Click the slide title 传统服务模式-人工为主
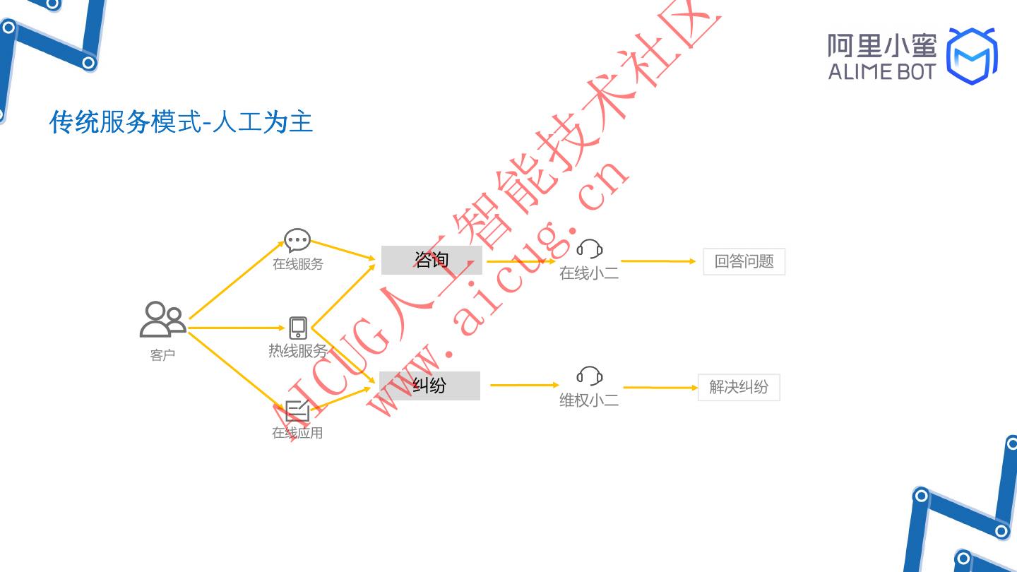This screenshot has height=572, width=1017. pos(181,121)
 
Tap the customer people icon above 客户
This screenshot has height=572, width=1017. pos(162,319)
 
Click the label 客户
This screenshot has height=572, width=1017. pos(162,354)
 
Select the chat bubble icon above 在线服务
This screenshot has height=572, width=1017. pos(297,240)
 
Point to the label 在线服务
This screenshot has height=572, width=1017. pos(298,264)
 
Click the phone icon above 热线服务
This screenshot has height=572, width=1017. pos(298,328)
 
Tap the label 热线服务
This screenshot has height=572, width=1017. pos(298,351)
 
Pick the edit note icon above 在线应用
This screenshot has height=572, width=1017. pos(297,410)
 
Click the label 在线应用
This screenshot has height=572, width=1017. pos(297,433)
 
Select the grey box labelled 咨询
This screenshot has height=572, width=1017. pos(432,261)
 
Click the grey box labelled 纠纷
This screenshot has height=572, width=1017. pos(429,386)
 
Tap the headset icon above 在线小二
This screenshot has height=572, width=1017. pos(589,249)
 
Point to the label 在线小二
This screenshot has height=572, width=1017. pos(589,273)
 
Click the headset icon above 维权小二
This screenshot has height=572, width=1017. pos(589,376)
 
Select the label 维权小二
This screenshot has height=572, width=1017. pos(589,400)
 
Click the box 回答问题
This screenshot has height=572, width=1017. pos(744,262)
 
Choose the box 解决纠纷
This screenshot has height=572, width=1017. pos(739,387)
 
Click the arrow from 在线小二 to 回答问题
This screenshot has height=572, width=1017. pos(658,261)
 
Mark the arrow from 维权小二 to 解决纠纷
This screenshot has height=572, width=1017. pos(660,388)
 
